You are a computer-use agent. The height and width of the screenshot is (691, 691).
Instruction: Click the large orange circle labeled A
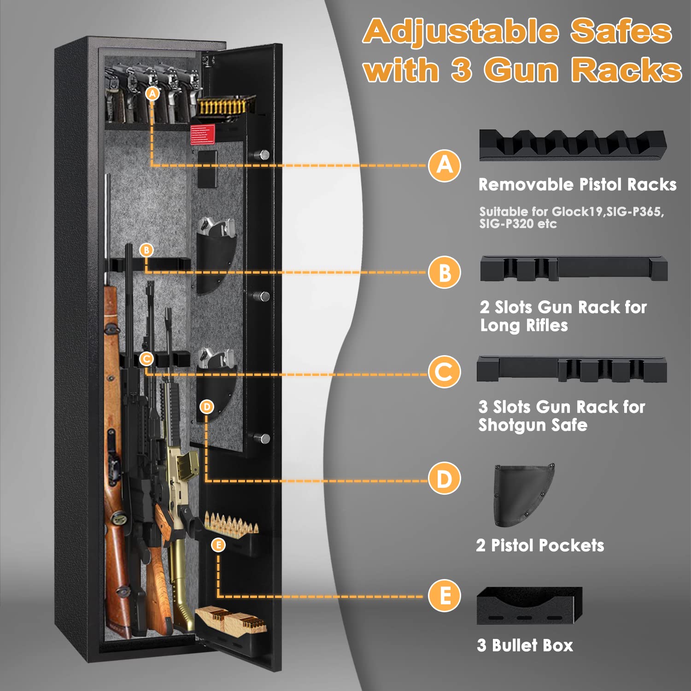[x=445, y=165]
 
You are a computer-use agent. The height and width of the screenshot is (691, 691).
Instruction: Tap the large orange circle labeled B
[x=445, y=272]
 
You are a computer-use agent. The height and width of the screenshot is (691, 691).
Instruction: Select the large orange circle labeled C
[x=445, y=372]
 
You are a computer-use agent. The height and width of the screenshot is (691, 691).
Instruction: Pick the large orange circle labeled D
[x=445, y=479]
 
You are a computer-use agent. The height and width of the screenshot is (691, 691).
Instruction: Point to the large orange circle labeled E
[x=445, y=596]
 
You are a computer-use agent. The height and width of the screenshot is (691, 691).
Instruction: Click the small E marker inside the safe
[x=218, y=545]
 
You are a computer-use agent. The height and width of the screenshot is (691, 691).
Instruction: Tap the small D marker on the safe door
[x=207, y=406]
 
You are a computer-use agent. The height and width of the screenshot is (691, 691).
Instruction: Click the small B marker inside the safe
[x=146, y=250]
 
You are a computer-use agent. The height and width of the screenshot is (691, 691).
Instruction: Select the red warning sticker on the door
[x=203, y=134]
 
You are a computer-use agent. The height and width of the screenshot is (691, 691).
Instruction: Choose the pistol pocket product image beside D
[x=523, y=495]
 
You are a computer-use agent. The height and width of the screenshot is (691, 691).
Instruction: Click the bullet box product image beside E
[x=529, y=606]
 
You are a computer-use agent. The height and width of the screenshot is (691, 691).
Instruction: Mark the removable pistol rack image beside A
[x=573, y=145]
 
